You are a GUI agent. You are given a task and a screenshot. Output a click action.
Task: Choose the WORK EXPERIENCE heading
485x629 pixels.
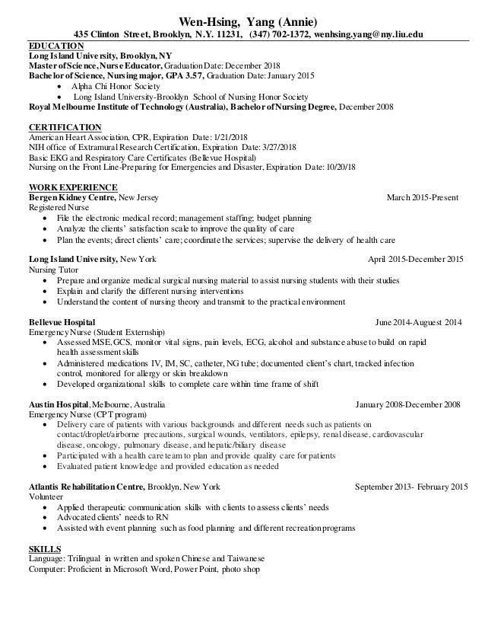72,187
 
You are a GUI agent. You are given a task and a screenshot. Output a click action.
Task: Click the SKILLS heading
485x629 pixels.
46,548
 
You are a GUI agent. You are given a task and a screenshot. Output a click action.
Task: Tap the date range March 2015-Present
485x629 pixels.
423,197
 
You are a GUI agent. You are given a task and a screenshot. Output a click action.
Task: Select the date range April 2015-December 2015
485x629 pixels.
415,260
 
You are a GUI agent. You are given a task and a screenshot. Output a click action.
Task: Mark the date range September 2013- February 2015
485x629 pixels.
411,485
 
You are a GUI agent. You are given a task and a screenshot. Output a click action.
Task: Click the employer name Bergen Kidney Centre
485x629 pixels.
72,197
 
